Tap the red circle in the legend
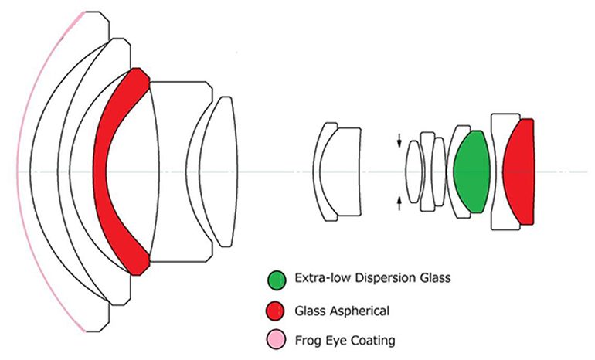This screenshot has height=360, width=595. click(274, 311)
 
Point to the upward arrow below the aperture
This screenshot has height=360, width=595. click(399, 202)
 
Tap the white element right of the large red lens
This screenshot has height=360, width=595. click(182, 171)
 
